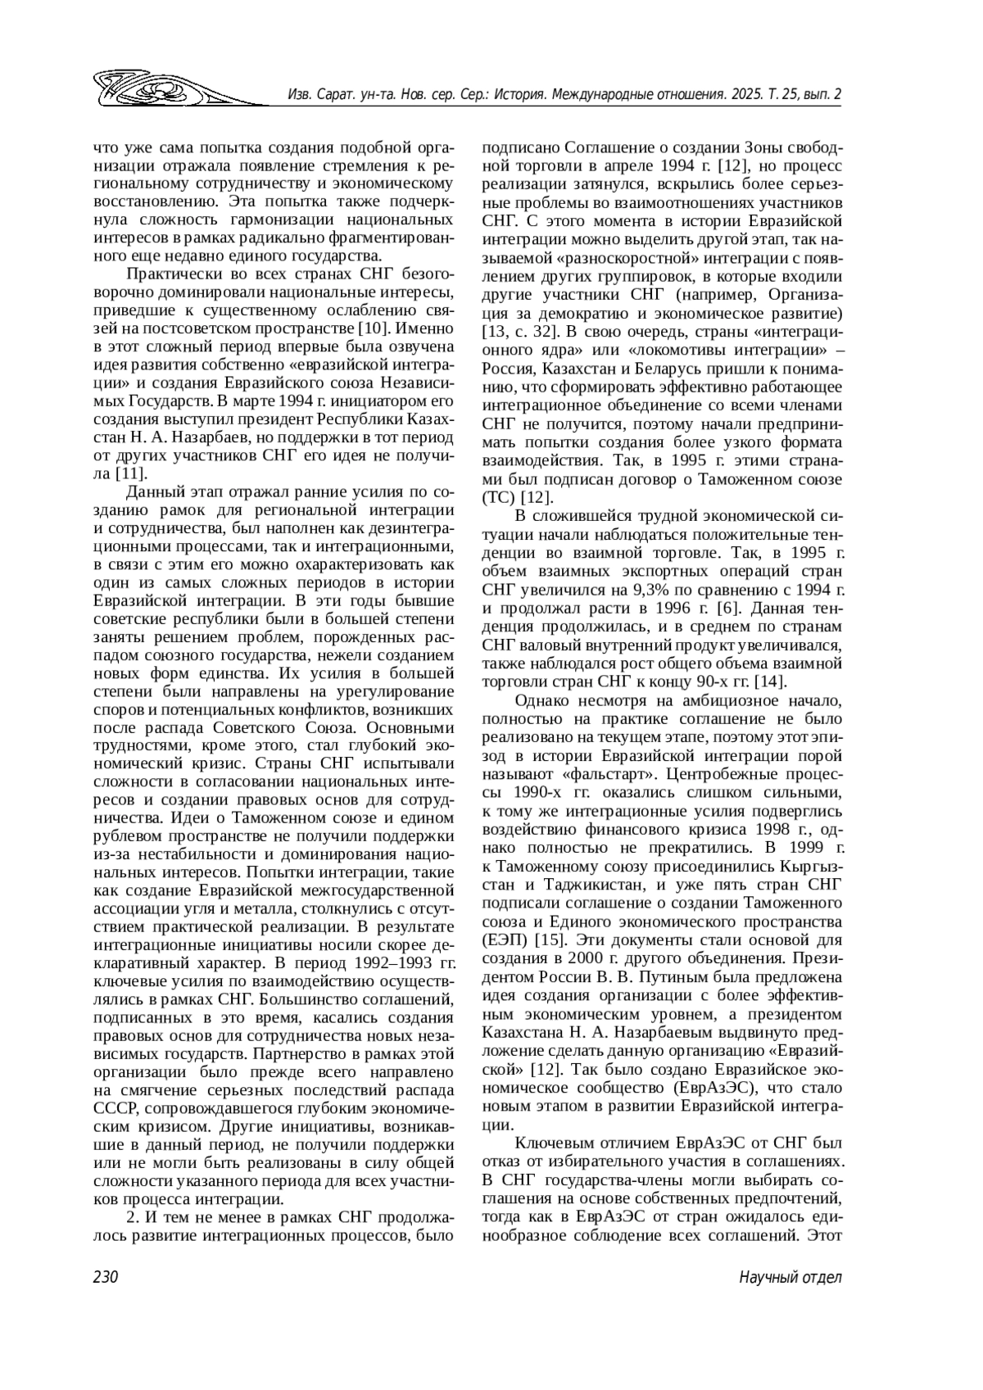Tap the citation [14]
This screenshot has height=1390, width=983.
(770, 681)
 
